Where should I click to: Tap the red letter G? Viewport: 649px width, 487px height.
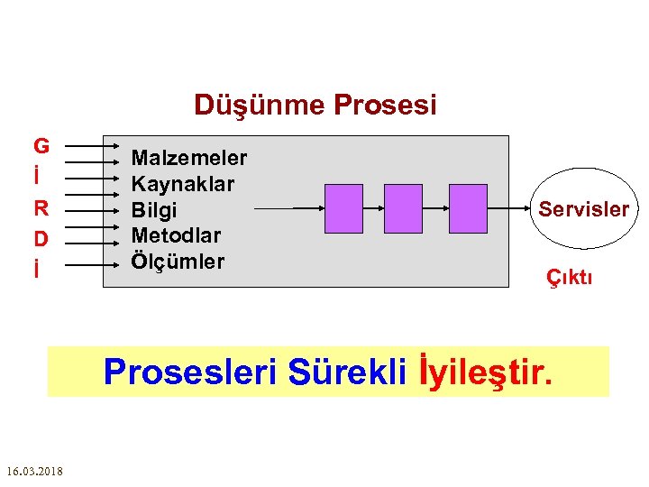coord(41,145)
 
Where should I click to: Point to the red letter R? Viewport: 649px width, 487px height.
coord(41,207)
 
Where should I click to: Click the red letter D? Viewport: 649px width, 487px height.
coord(41,238)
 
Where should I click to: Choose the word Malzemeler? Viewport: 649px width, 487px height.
coord(189,158)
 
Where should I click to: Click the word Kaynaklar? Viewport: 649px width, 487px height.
coord(183,184)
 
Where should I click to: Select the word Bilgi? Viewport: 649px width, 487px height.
coord(155,210)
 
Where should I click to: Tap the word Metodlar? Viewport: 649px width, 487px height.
coord(177,235)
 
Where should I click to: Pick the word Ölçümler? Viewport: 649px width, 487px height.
coord(178,262)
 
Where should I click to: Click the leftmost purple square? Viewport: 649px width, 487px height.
coord(343,208)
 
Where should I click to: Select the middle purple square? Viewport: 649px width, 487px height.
coord(403,208)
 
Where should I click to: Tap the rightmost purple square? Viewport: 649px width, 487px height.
coord(468,208)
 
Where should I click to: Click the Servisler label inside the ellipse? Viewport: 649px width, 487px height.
coord(584,209)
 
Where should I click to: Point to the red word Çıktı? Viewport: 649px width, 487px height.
coord(570,278)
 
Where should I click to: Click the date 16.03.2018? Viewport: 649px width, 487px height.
coord(33,471)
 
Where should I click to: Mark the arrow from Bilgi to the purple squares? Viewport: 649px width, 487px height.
coord(288,208)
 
